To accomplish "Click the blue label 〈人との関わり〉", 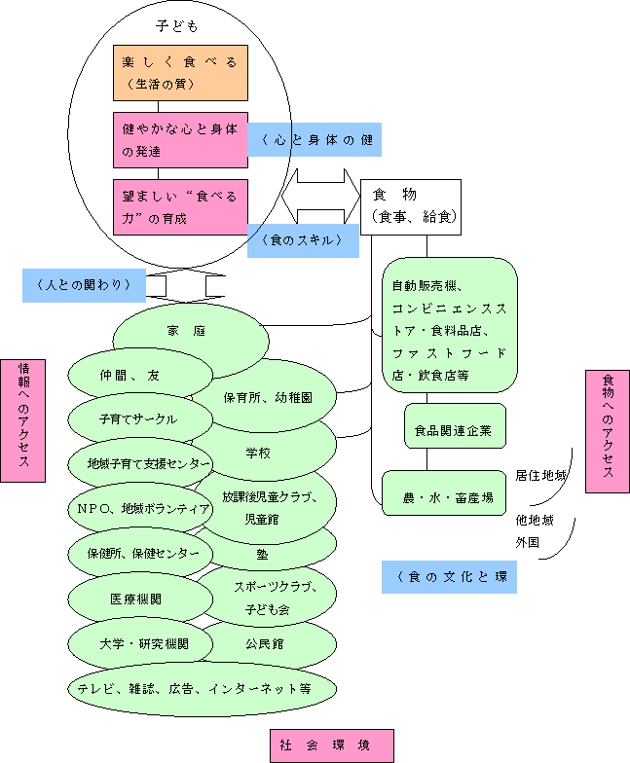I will tap(86, 285).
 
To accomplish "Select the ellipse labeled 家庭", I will tap(191, 333).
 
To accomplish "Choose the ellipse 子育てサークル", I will tap(138, 419).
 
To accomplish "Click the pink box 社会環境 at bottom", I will tap(331, 745).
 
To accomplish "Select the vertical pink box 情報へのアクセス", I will tap(23, 420).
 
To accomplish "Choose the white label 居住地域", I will tap(541, 476).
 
